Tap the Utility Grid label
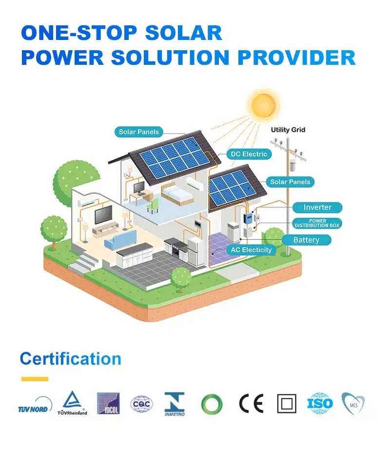coord(288,130)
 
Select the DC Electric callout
coord(249,154)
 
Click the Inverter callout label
coord(317,207)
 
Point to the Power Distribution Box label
coord(317,223)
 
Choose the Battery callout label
coord(306,240)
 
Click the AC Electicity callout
coord(251,250)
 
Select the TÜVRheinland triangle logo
coord(75,403)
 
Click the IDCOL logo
coord(108,404)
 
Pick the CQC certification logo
coord(141,404)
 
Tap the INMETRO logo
coord(175,404)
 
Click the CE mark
coord(251,404)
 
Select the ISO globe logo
coord(319,404)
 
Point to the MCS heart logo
coord(352,404)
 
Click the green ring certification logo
coord(212,404)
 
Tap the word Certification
coord(70,359)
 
